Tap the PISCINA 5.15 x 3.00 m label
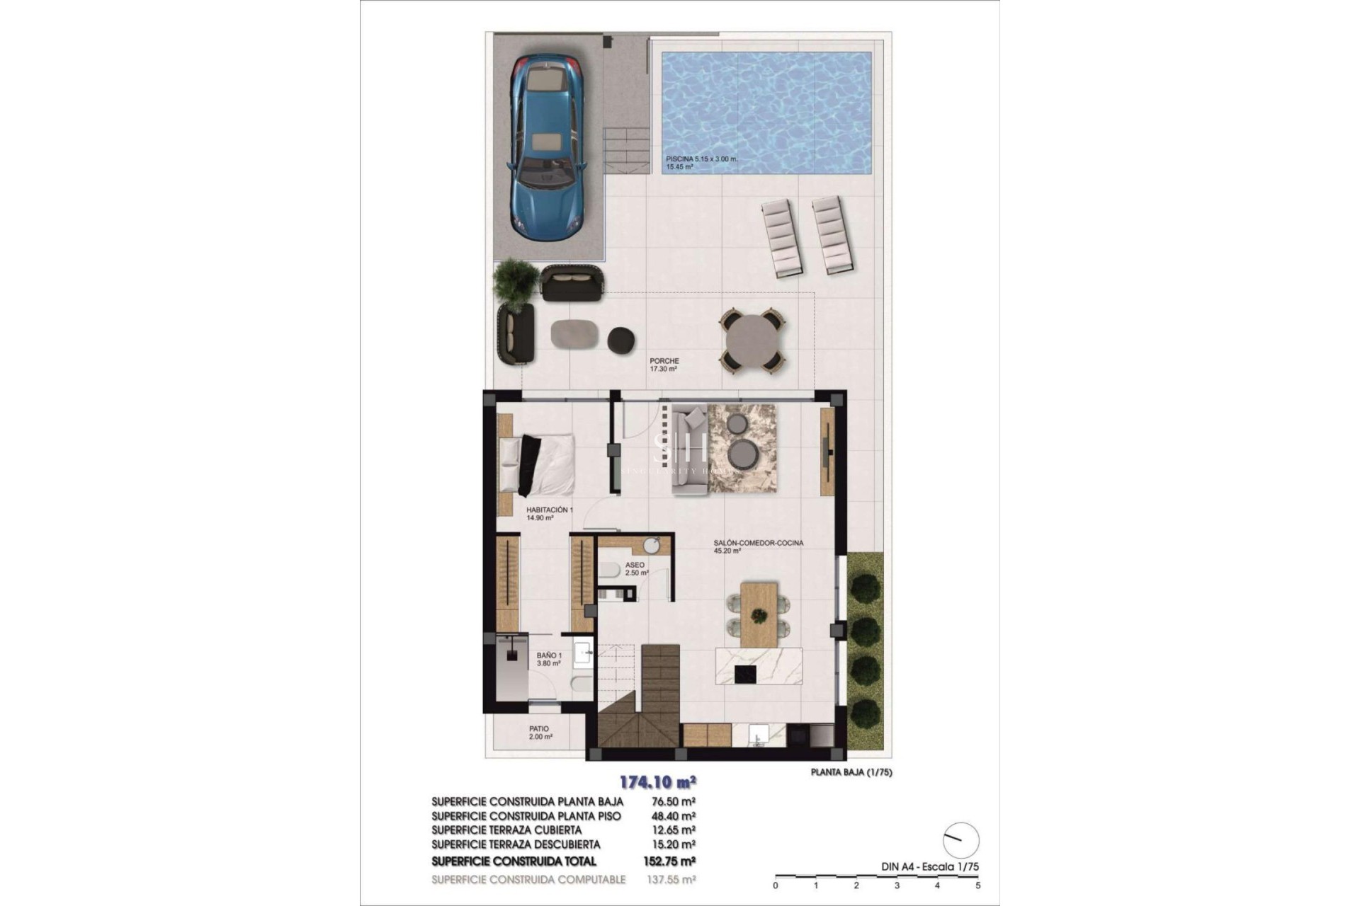click(x=701, y=159)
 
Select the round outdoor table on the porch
click(x=752, y=340)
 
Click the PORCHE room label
click(x=664, y=361)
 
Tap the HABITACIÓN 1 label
click(x=549, y=510)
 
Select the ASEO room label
click(x=635, y=565)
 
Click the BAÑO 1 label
click(x=549, y=655)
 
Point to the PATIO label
click(x=539, y=728)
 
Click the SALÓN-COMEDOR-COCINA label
click(x=758, y=543)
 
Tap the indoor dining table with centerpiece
click(x=759, y=614)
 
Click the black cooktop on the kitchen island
click(x=746, y=674)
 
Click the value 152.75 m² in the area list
click(x=672, y=861)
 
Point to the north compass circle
click(x=961, y=841)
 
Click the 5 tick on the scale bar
click(x=977, y=885)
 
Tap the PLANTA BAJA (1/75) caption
click(x=851, y=772)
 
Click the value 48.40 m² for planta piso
click(x=672, y=816)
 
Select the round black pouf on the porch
click(x=621, y=339)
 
